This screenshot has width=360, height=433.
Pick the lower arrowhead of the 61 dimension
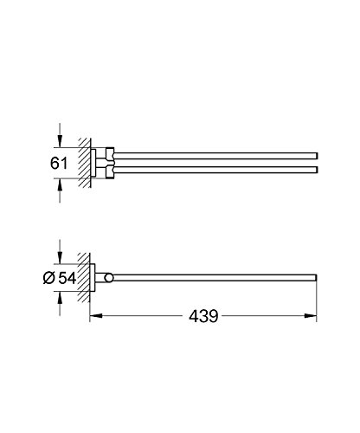[x=60, y=184]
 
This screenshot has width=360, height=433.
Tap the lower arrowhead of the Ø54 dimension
[x=60, y=300]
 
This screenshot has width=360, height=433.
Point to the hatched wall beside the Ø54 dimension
[x=83, y=277]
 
